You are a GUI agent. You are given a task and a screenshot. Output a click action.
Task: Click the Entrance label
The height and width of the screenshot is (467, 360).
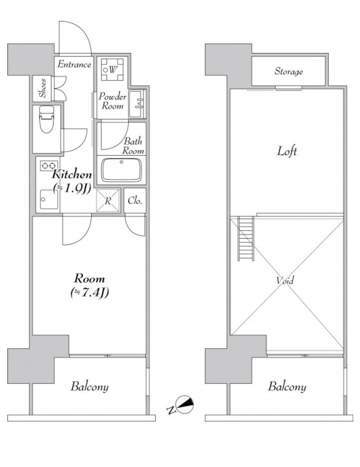tap(74, 65)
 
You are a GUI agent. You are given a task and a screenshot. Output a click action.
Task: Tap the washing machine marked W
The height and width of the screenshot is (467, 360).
tap(112, 70)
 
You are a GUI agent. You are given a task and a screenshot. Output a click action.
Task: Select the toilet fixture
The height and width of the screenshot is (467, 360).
tap(47, 119)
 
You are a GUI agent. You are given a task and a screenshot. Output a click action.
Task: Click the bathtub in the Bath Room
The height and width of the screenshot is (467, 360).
tap(121, 170)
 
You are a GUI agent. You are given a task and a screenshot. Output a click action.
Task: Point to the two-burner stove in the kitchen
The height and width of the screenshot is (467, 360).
tap(49, 166)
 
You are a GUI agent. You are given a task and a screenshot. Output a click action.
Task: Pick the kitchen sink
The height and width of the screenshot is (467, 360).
tap(49, 199)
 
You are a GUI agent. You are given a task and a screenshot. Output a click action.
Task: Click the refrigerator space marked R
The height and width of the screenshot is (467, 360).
tap(108, 201)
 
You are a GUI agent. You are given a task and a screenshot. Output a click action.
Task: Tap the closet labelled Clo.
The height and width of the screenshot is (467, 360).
tap(135, 201)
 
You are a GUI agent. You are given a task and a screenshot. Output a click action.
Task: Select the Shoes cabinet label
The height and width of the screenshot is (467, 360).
tap(43, 88)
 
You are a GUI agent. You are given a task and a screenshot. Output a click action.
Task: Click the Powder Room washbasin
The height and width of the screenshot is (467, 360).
tap(137, 104)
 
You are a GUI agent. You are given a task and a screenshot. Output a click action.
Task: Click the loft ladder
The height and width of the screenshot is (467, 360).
tap(246, 239)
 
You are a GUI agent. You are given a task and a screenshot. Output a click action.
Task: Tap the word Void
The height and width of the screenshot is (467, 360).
tap(285, 280)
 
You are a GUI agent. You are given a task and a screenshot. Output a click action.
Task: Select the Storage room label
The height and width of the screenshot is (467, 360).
tap(289, 71)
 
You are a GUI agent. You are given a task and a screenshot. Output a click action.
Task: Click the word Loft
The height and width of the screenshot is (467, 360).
tap(287, 151)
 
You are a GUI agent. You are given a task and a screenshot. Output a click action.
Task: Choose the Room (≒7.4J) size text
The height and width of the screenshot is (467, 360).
tap(90, 285)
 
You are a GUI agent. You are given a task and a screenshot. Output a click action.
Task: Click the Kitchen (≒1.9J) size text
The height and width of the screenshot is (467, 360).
tap(72, 182)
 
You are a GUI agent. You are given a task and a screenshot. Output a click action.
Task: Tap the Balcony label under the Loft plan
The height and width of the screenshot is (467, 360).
tap(287, 386)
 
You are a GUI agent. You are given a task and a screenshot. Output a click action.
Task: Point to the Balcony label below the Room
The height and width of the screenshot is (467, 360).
tap(89, 386)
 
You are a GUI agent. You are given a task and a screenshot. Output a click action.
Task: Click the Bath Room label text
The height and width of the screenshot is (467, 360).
tap(133, 146)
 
